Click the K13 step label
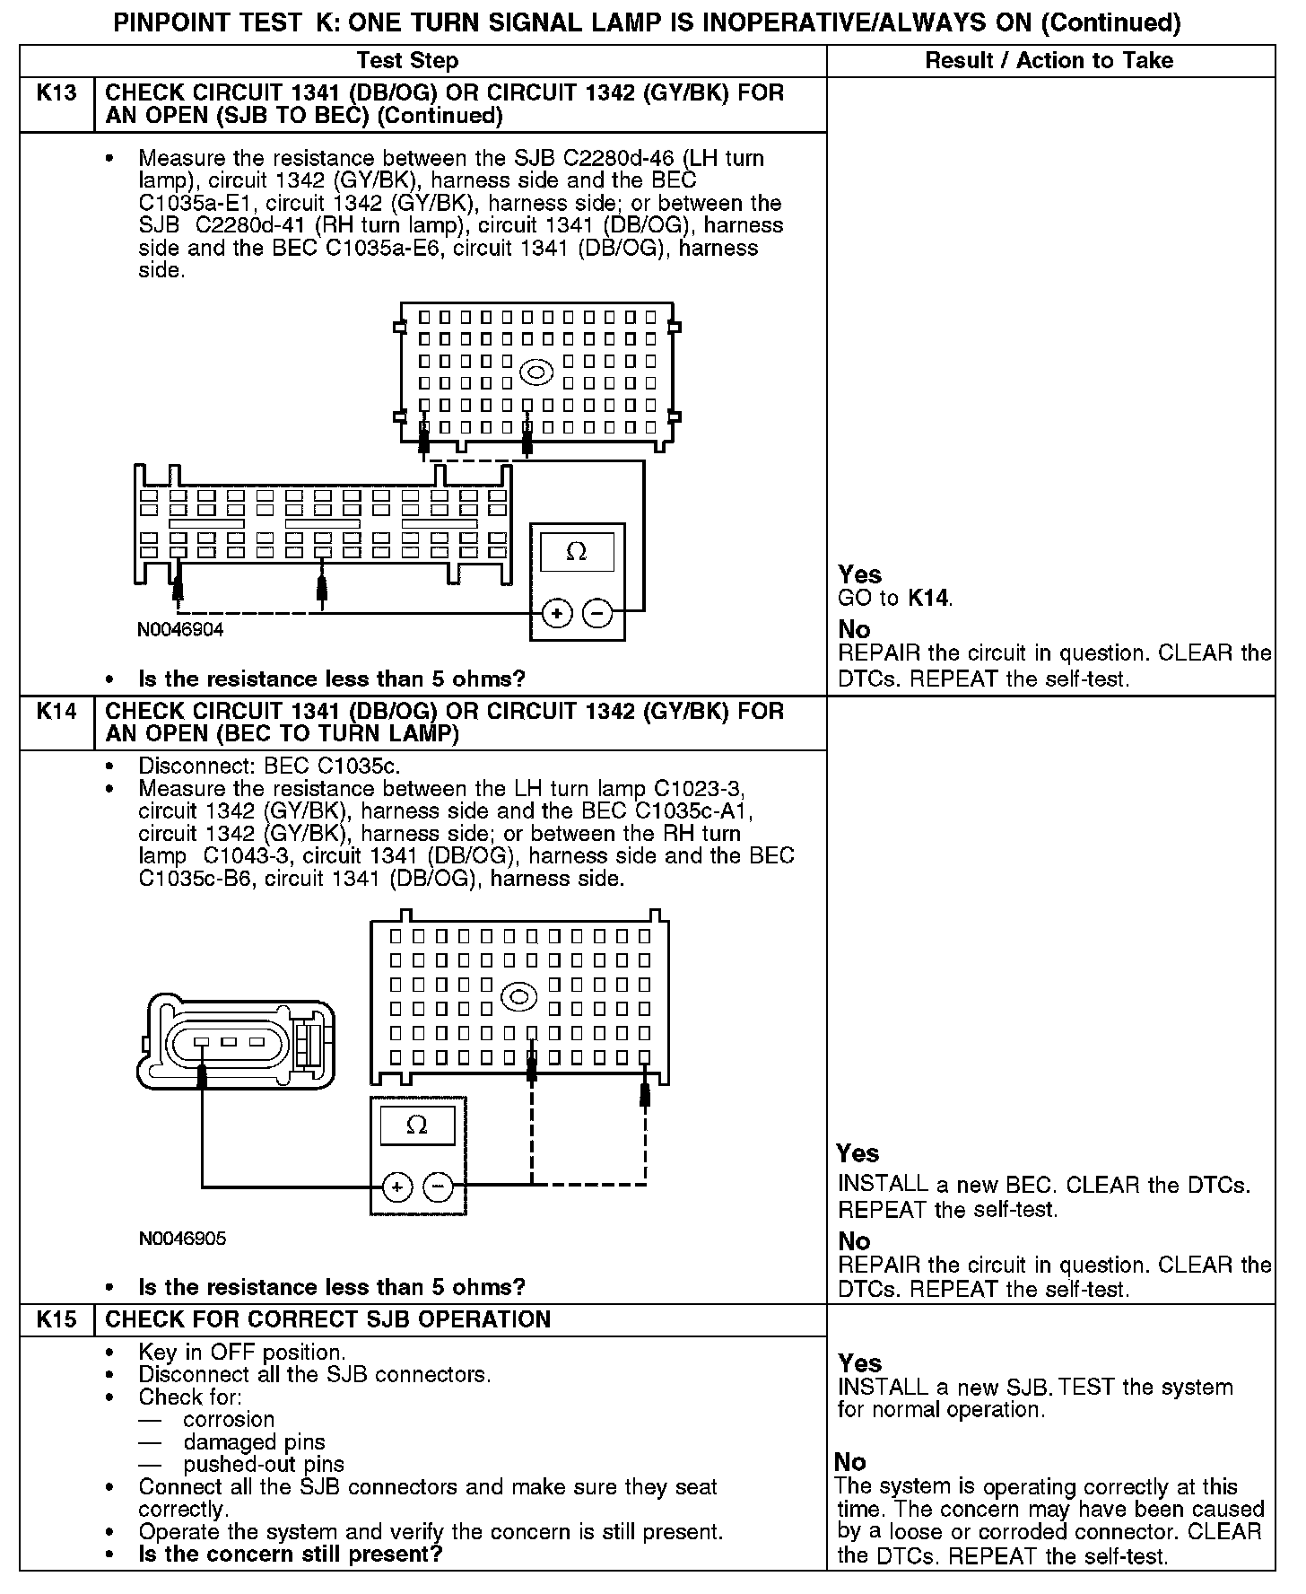point(56,92)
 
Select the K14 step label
point(56,712)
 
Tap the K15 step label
point(56,1319)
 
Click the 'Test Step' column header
point(407,61)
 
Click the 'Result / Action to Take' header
point(1049,61)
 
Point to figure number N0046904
point(180,630)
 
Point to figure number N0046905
point(182,1239)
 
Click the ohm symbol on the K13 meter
point(577,552)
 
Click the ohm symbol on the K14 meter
point(417,1125)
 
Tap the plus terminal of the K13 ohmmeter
point(557,614)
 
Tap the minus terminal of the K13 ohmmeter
point(597,614)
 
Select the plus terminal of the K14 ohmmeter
point(397,1187)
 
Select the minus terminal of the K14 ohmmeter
point(438,1187)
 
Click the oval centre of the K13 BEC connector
point(536,372)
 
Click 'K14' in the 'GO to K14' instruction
point(928,598)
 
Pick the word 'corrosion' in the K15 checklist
point(229,1419)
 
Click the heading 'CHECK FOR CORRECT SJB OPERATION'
point(327,1319)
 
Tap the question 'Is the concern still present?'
point(291,1554)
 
